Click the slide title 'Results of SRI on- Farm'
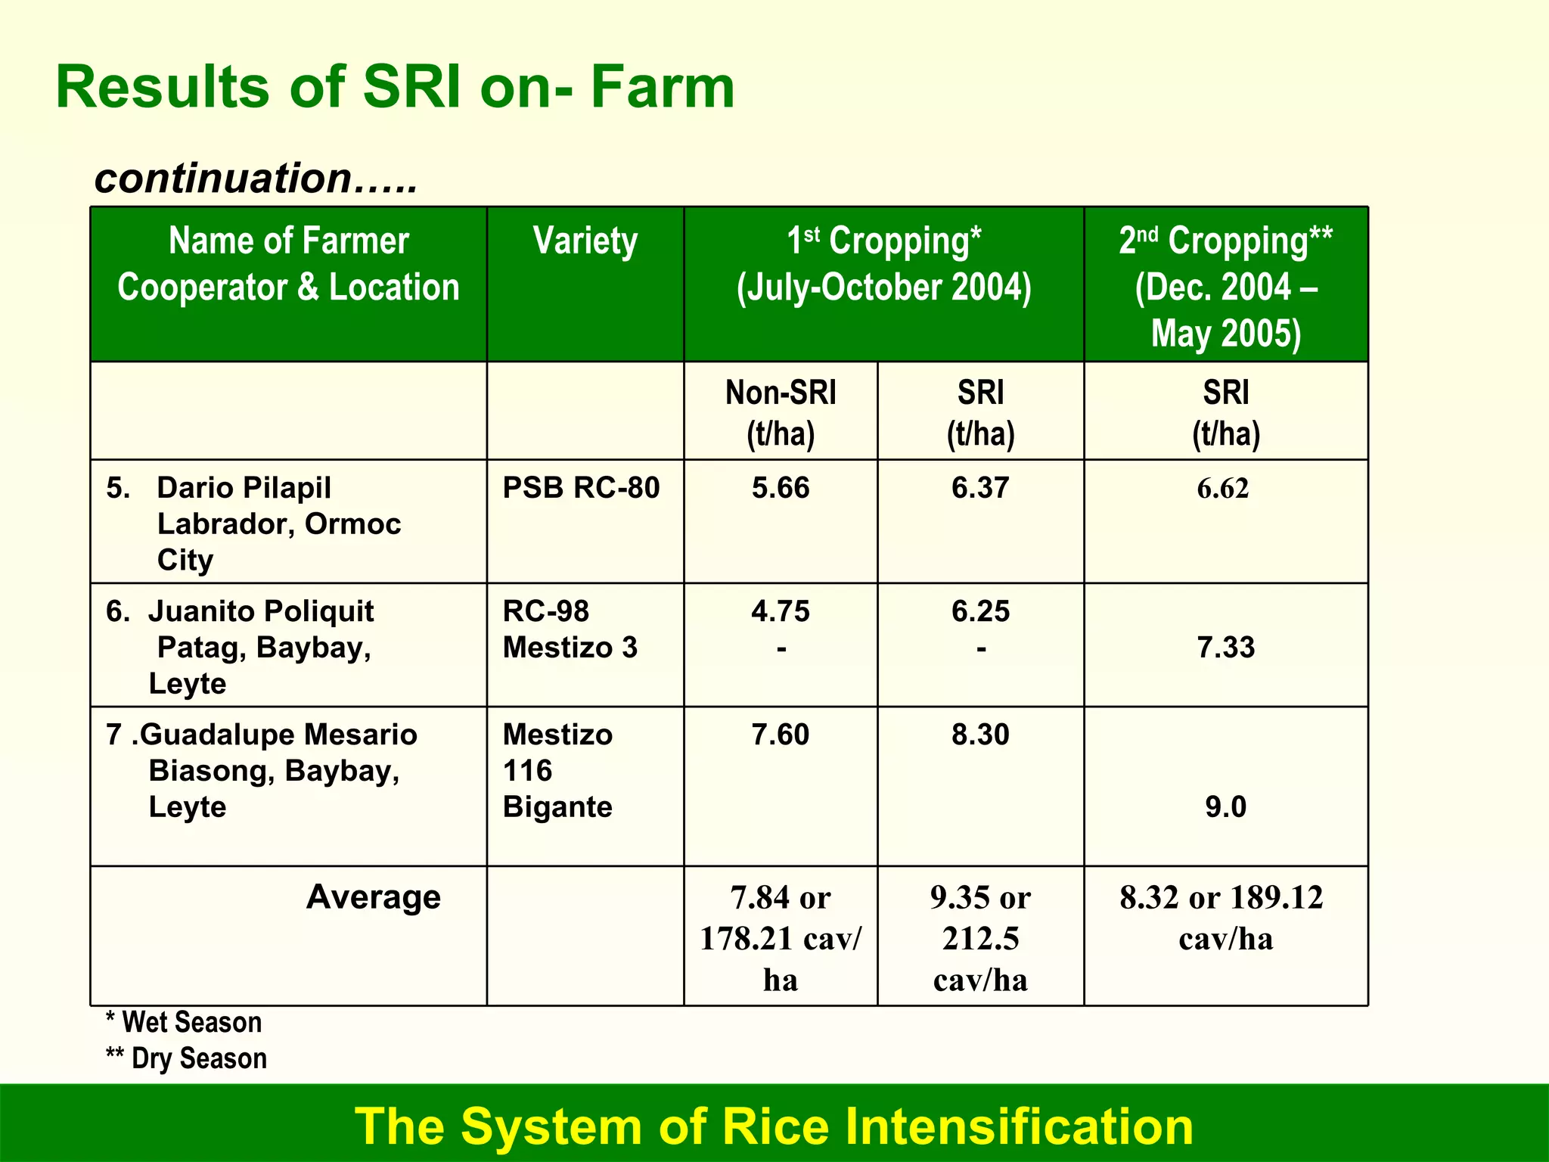pyautogui.click(x=395, y=87)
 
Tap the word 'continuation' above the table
pyautogui.click(x=224, y=179)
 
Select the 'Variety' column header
pyautogui.click(x=585, y=241)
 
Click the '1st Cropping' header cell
pyautogui.click(x=883, y=264)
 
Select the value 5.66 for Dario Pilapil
pyautogui.click(x=781, y=488)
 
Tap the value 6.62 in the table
pyautogui.click(x=1222, y=489)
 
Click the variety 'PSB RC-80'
pyautogui.click(x=581, y=488)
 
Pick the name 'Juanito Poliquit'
pyautogui.click(x=261, y=611)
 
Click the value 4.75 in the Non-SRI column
pyautogui.click(x=781, y=611)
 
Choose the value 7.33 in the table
pyautogui.click(x=1225, y=648)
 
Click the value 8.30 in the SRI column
pyautogui.click(x=980, y=735)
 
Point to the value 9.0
pyautogui.click(x=1225, y=807)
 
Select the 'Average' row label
pyautogui.click(x=373, y=897)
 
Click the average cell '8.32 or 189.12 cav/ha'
pyautogui.click(x=1222, y=918)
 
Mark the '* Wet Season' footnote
pyautogui.click(x=184, y=1023)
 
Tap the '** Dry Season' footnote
pyautogui.click(x=186, y=1058)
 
